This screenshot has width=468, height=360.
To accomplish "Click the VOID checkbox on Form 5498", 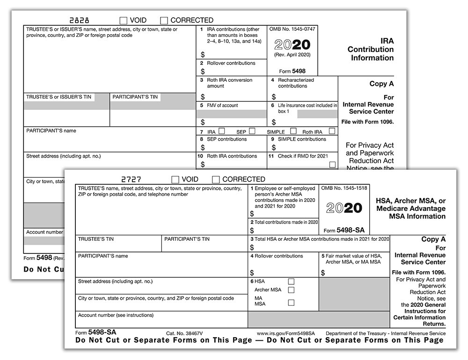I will click(x=124, y=21).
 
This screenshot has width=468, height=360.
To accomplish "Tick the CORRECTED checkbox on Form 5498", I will click(x=164, y=21).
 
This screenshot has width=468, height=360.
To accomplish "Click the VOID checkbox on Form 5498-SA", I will click(x=175, y=180).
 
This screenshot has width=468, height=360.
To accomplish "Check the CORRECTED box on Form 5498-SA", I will click(x=216, y=180).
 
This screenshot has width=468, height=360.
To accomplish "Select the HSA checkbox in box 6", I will click(x=291, y=281).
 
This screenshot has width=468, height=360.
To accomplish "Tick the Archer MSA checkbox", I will click(x=291, y=290).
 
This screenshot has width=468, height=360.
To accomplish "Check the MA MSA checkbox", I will click(x=291, y=302).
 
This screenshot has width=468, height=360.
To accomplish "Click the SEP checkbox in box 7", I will click(x=252, y=131).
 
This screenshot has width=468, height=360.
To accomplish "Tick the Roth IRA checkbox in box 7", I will click(x=332, y=131).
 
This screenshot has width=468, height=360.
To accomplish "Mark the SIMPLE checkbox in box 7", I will click(x=293, y=131).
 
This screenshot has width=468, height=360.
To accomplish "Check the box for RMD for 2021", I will click(x=332, y=165).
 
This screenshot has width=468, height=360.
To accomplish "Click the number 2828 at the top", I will click(x=79, y=21).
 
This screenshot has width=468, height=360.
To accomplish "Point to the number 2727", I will click(x=131, y=180).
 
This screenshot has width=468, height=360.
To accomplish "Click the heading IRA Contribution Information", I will click(x=370, y=49).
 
